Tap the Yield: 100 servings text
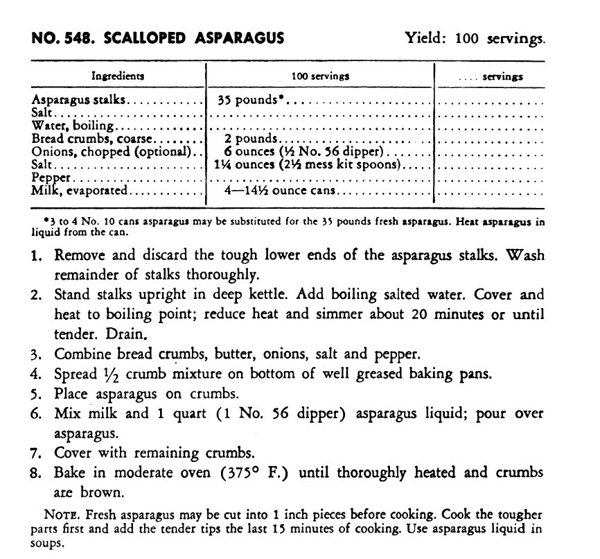[475, 38]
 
